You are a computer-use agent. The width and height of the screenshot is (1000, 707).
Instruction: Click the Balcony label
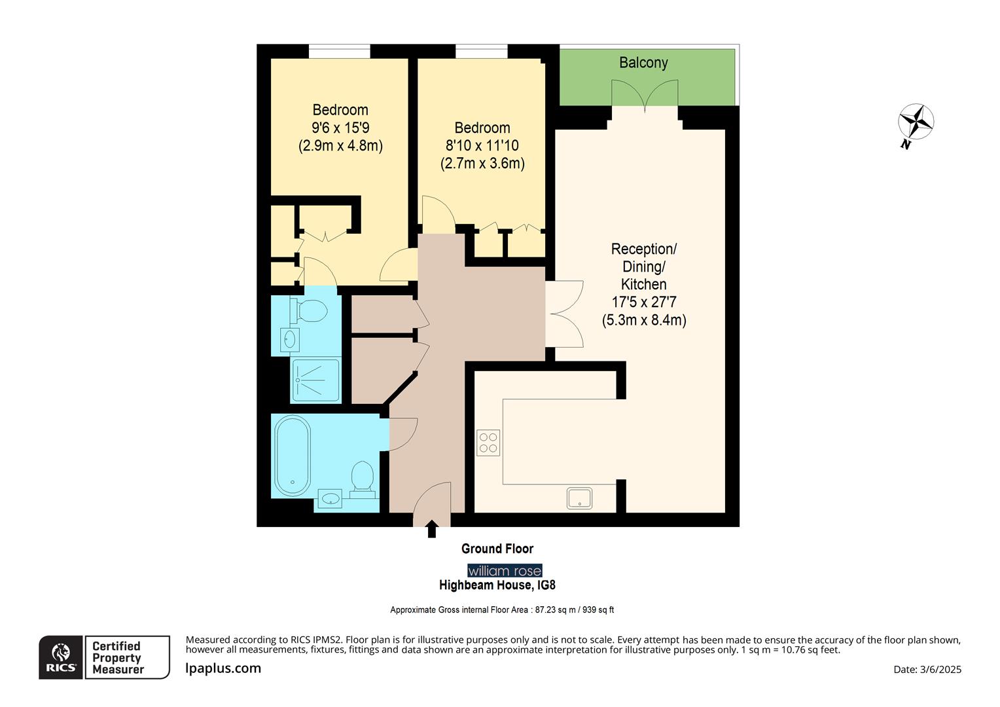coord(643,63)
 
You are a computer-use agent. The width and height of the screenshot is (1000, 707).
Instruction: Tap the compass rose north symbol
coord(916,122)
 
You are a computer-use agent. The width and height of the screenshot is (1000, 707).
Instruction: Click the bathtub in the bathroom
coord(292,456)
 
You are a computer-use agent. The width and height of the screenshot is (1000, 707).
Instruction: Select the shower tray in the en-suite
coord(316,380)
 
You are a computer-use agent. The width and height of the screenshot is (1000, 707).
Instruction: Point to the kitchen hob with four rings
coord(488,443)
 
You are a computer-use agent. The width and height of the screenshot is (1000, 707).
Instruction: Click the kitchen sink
coord(580,498)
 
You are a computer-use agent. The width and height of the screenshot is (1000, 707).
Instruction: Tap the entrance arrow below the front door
coord(431,529)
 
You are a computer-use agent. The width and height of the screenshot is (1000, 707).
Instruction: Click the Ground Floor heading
coord(497,549)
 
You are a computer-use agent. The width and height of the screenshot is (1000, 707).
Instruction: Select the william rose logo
coord(505,571)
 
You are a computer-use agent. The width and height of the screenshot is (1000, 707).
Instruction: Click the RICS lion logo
coord(61,657)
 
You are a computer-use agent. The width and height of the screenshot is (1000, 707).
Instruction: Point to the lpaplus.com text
coord(223,668)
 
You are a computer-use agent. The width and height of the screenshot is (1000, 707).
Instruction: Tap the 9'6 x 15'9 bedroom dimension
coord(340,128)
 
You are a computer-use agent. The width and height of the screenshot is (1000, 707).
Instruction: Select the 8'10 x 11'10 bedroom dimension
coord(482,145)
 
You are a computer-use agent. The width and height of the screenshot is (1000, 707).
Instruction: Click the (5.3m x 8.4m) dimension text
coord(643,320)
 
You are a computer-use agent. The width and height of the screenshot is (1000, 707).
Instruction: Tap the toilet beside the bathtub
coord(362,477)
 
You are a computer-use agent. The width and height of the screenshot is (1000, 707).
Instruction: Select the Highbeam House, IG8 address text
coord(497,585)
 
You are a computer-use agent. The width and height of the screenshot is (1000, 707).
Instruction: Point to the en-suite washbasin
coord(290,339)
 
